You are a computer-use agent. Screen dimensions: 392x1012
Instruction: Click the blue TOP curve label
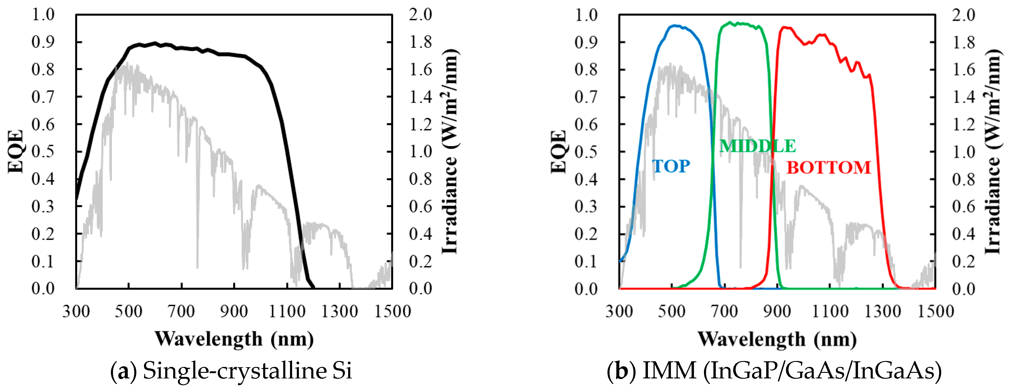671,166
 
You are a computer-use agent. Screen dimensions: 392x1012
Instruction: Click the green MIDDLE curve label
757,146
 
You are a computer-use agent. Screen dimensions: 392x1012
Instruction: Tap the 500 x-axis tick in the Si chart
128,311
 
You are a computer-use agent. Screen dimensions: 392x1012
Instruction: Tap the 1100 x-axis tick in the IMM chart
830,311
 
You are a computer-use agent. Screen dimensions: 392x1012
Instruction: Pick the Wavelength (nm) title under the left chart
234,339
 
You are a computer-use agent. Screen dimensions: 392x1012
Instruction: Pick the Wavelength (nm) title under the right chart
777,339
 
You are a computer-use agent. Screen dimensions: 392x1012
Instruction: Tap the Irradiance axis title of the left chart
450,151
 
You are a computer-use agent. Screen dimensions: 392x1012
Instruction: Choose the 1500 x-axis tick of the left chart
392,311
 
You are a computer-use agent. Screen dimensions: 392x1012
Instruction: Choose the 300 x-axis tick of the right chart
619,311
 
